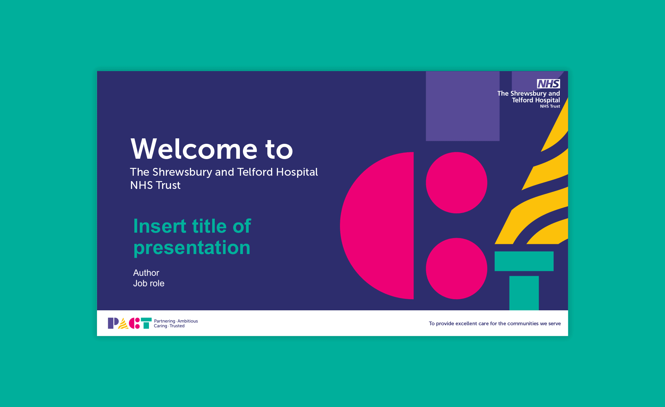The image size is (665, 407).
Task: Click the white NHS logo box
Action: [x=548, y=83]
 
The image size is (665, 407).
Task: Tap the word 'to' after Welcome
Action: [x=279, y=150]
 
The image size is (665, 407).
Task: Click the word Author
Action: [x=146, y=273]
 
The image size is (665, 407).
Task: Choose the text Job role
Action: [x=149, y=283]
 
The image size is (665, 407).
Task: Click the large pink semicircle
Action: [x=377, y=226]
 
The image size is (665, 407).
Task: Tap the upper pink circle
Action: [x=457, y=182]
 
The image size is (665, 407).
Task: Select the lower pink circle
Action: [x=457, y=268]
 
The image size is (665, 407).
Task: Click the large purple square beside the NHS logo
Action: [x=463, y=106]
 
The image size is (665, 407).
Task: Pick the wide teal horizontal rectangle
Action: [x=524, y=261]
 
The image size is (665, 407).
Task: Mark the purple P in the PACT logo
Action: [x=113, y=323]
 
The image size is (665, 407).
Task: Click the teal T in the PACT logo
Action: [x=146, y=323]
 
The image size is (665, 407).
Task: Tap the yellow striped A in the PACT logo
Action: [x=123, y=324]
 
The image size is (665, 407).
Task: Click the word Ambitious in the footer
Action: [x=188, y=321]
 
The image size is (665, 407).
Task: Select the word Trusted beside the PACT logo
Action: [x=177, y=326]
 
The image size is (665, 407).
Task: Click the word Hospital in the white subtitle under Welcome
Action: [x=297, y=172]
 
